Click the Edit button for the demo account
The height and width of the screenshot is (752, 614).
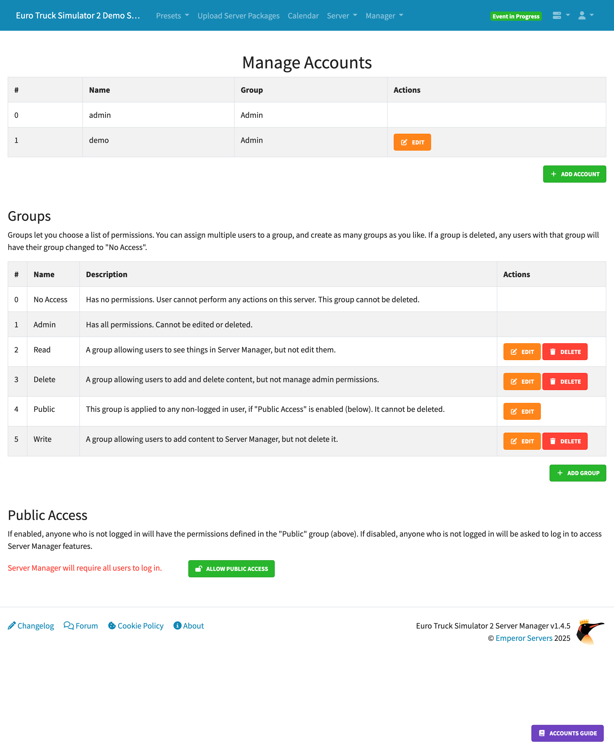point(412,142)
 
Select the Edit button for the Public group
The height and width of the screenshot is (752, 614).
point(522,411)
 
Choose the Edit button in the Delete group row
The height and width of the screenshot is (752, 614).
point(522,381)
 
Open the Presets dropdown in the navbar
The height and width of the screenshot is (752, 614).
point(172,16)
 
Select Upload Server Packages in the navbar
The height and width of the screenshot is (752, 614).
point(238,16)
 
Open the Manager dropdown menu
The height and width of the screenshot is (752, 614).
point(384,16)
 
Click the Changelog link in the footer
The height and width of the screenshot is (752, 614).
point(31,626)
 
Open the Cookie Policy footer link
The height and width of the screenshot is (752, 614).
point(136,626)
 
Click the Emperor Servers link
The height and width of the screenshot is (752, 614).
point(523,638)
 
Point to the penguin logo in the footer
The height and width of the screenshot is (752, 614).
point(590,632)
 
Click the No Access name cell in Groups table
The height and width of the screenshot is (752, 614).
point(50,299)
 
